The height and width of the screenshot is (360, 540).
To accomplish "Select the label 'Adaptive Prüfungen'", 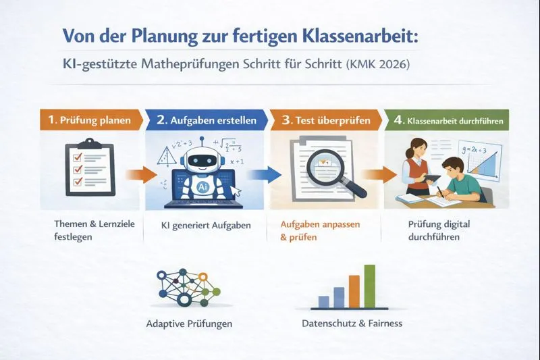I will tap(189, 324).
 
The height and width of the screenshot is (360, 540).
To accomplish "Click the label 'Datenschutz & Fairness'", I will tap(352, 324).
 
